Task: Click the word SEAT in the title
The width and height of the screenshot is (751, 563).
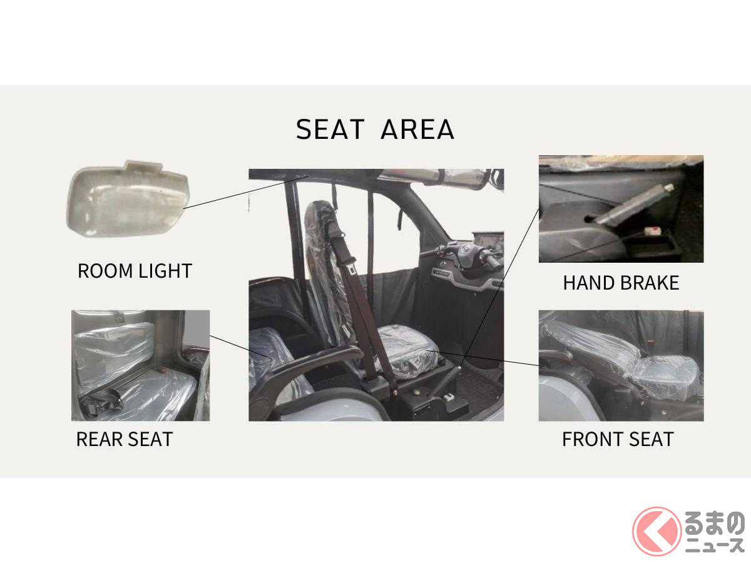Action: coord(330,129)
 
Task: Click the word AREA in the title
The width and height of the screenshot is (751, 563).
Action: coord(417,129)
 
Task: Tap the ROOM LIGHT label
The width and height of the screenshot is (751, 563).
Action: coord(135,271)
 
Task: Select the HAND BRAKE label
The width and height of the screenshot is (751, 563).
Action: coord(621,283)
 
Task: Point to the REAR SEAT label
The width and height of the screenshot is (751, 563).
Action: coord(125,439)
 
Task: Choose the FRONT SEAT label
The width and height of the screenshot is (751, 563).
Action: coord(618,439)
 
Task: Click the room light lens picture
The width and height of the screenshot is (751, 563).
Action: coord(128,198)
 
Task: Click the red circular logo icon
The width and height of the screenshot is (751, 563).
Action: coord(656,532)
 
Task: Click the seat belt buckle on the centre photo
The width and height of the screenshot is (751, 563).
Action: coord(352,270)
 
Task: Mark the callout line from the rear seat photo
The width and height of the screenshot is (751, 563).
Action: coord(240,347)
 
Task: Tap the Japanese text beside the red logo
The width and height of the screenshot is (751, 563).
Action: coord(715,532)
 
